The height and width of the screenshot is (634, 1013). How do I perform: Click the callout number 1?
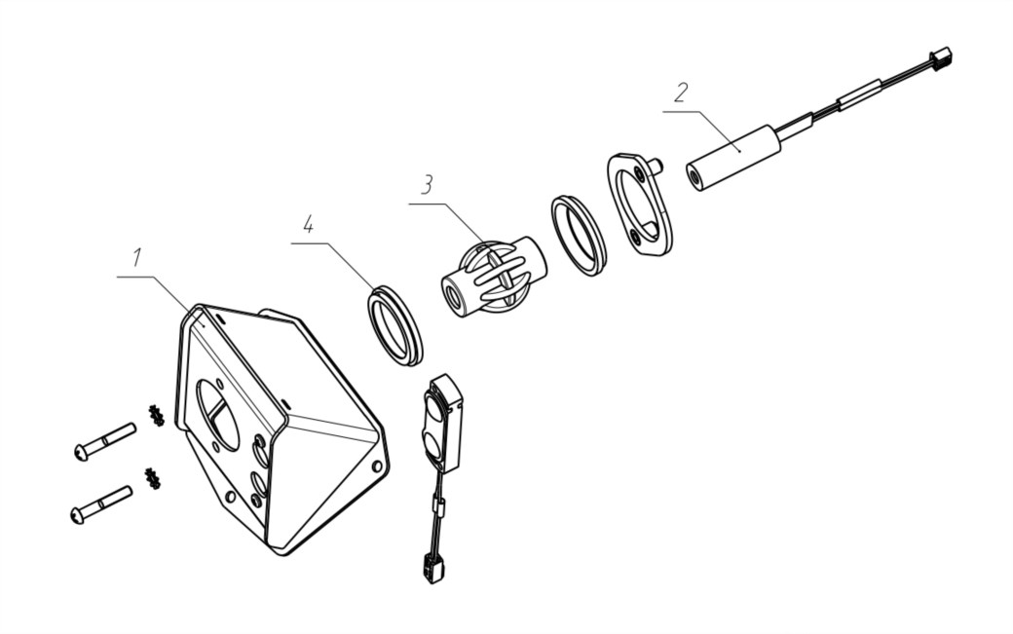click(x=137, y=258)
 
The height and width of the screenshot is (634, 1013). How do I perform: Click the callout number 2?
click(x=681, y=93)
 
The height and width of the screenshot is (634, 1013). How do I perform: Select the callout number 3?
click(x=427, y=185)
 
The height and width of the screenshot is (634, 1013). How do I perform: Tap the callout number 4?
click(x=308, y=225)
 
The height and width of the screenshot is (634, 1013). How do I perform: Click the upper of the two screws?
click(x=105, y=441)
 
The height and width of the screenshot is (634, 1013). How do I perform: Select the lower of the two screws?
click(x=101, y=504)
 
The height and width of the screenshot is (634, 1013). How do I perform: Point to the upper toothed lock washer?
click(x=156, y=416)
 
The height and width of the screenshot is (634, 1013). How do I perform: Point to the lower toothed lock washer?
click(x=153, y=478)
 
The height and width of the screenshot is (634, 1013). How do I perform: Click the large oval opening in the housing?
click(x=217, y=415)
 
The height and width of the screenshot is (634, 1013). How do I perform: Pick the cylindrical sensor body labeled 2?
click(x=733, y=158)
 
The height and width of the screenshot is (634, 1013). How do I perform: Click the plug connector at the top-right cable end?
click(x=940, y=58)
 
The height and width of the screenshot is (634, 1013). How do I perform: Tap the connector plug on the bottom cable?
click(x=433, y=568)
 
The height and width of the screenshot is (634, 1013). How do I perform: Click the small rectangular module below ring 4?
click(x=442, y=423)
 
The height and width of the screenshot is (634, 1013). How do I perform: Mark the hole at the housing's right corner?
click(x=377, y=466)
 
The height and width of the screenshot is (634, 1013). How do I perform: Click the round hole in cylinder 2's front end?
click(x=695, y=176)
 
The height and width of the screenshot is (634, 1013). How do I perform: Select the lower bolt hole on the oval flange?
click(x=636, y=238)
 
